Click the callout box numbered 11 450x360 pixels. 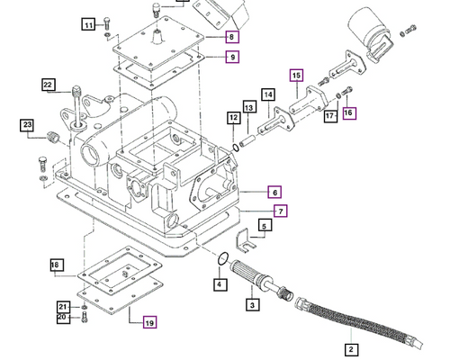(88, 24)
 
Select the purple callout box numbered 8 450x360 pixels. (232, 37)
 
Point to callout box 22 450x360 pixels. (49, 85)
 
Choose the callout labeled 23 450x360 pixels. (28, 125)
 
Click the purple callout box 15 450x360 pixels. (296, 76)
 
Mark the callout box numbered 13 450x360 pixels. (249, 108)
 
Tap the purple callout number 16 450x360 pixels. (349, 112)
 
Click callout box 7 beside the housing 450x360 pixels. (281, 211)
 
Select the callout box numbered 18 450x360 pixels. (56, 265)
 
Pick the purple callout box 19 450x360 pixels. (149, 321)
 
